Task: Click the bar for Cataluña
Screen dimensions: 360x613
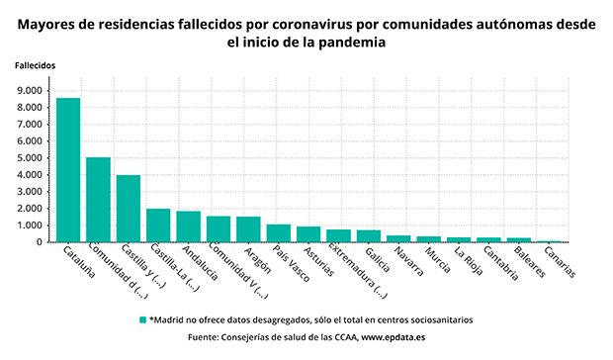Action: coord(68,170)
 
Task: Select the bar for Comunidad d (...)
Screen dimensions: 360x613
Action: coord(99,200)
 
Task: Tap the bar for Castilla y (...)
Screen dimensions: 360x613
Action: coord(129,209)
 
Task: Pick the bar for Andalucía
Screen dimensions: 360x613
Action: coord(189,226)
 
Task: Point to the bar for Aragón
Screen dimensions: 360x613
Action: coord(248,229)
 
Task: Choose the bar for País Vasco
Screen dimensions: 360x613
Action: coord(279,233)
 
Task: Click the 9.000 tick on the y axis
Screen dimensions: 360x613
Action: coord(29,91)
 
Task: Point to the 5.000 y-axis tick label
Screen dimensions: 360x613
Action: coord(29,158)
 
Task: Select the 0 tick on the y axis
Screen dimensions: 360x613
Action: coord(38,242)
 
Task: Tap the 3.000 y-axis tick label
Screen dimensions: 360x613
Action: coord(29,192)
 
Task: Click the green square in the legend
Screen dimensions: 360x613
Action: coord(142,320)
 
